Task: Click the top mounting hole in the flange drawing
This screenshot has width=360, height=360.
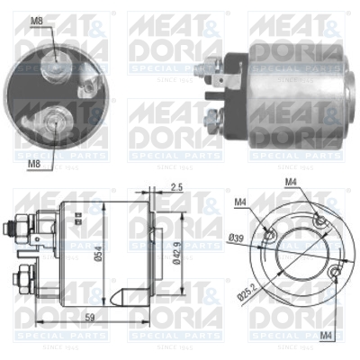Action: click(x=316, y=220)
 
